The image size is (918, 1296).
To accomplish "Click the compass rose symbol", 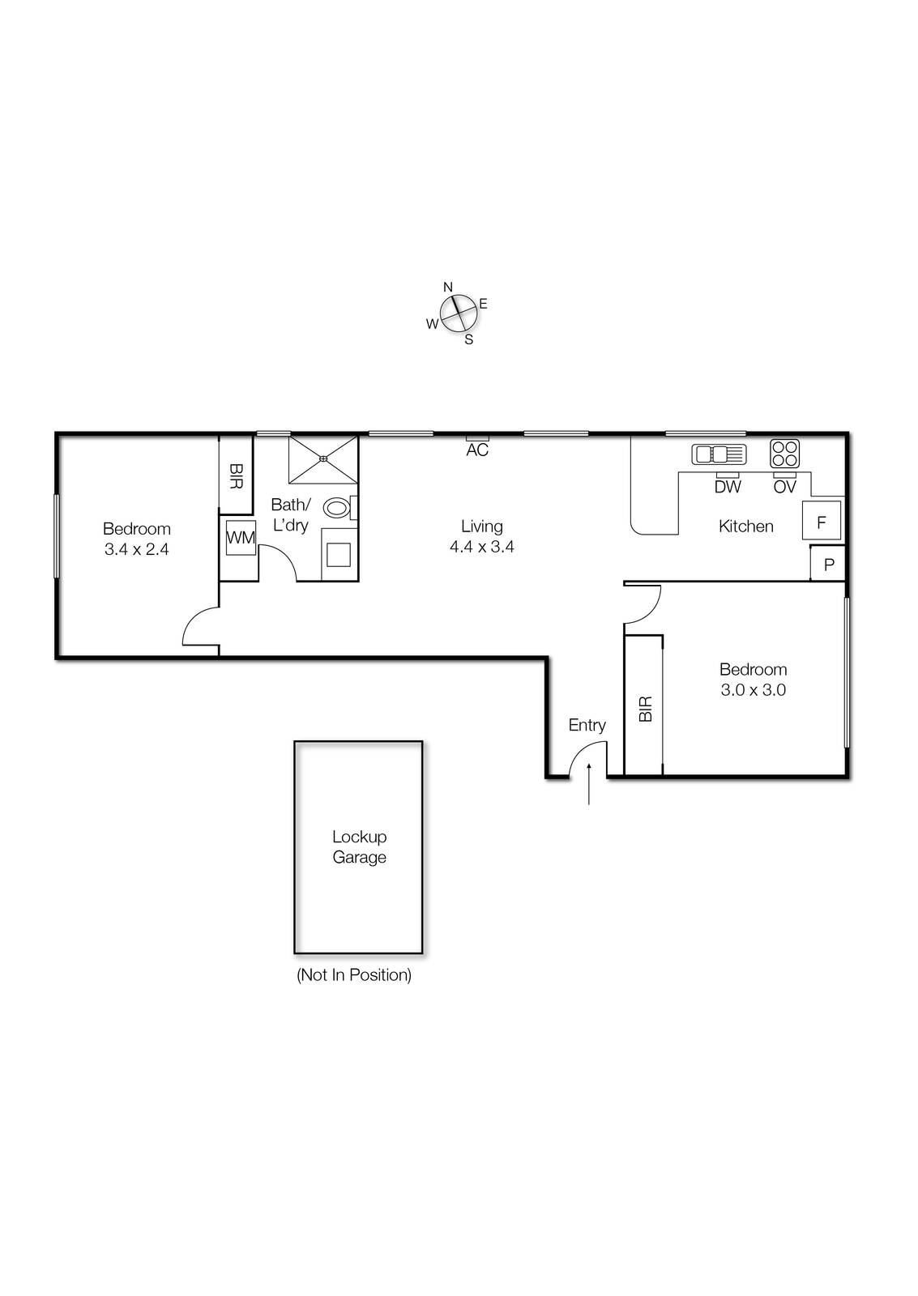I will pyautogui.click(x=458, y=313).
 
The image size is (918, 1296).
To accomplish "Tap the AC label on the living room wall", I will pyautogui.click(x=477, y=450).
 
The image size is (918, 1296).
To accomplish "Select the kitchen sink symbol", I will pyautogui.click(x=719, y=454).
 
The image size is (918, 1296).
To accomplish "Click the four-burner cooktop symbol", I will pyautogui.click(x=784, y=453).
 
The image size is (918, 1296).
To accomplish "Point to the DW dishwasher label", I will pyautogui.click(x=728, y=487).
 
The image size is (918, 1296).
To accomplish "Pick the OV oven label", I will pyautogui.click(x=784, y=487).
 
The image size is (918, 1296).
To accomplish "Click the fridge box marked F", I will pyautogui.click(x=822, y=521).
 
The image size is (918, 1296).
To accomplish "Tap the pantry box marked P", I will pyautogui.click(x=829, y=565).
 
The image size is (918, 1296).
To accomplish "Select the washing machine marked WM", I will pyautogui.click(x=241, y=538).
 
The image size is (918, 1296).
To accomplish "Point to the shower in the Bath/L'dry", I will pyautogui.click(x=323, y=458).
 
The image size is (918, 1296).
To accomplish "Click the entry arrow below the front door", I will pyautogui.click(x=589, y=784).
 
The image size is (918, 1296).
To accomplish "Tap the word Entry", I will pyautogui.click(x=587, y=725).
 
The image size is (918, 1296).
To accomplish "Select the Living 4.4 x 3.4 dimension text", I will pyautogui.click(x=482, y=547).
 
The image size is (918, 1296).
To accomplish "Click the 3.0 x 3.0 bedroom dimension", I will pyautogui.click(x=754, y=690).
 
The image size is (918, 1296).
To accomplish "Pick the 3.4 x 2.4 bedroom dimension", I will pyautogui.click(x=136, y=549).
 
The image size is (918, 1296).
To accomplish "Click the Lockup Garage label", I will pyautogui.click(x=359, y=847).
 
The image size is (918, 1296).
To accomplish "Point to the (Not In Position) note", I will pyautogui.click(x=354, y=975).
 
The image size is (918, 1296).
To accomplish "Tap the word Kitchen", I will pyautogui.click(x=746, y=526).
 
